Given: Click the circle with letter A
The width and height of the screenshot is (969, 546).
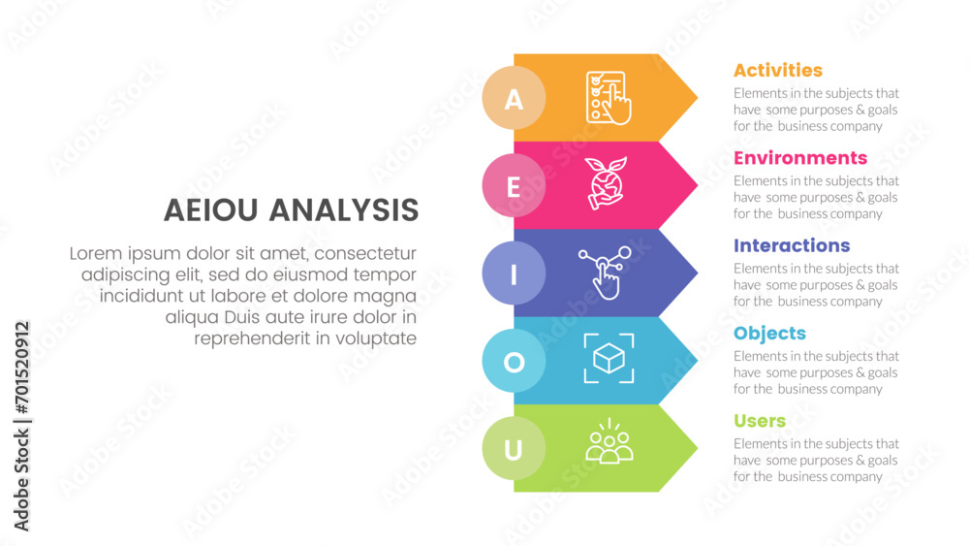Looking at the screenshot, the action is tap(514, 98).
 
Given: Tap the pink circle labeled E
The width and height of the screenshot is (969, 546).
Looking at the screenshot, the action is tap(514, 185).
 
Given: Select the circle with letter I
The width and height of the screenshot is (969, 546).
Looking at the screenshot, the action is tap(514, 273).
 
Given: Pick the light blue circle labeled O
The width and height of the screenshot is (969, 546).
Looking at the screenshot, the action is tap(514, 361).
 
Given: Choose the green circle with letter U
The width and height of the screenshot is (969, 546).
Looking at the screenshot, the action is tap(514, 448).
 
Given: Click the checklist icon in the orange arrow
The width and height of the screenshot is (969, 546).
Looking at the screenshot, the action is tap(609, 98).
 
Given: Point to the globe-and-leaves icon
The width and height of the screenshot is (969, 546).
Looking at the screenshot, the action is tap(607, 183).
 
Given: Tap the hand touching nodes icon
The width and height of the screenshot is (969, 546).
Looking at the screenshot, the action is tap(605, 273).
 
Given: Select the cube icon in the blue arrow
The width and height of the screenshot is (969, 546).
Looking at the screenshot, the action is tap(609, 358).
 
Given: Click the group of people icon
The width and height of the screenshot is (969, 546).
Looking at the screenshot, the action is tap(610, 441).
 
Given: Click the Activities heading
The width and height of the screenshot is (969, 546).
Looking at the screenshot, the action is tap(778, 71).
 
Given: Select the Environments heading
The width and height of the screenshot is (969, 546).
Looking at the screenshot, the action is tap(800, 158).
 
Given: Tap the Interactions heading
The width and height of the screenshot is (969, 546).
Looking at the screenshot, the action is tap(792, 245).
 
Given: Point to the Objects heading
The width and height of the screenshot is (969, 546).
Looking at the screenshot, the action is tap(770, 334).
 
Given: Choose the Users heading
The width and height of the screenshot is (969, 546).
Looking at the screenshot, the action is tap(760, 421).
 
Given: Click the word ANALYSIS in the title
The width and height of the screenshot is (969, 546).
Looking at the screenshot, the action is tap(344, 210).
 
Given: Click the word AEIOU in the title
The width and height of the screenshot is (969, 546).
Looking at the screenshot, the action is tap(210, 210).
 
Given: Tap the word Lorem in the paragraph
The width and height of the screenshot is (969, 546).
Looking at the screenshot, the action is tap(94, 253).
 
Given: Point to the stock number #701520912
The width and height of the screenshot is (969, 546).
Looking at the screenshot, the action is tap(22, 368).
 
